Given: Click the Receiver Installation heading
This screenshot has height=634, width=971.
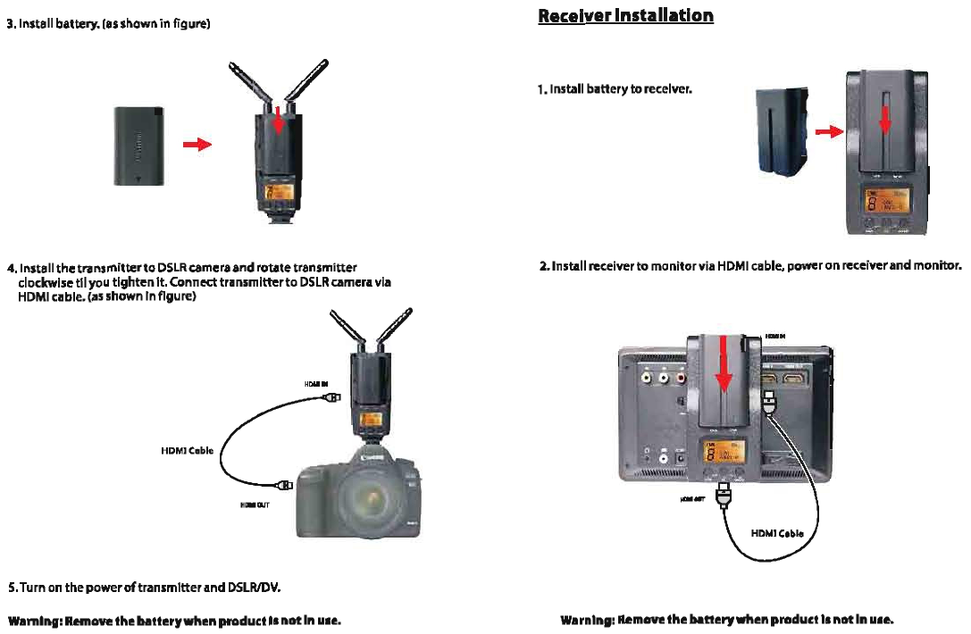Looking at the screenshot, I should pos(625,16).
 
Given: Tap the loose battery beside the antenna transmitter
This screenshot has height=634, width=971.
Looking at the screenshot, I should pos(138,146).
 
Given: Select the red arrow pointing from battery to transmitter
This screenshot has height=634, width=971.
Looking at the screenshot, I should pos(197,144).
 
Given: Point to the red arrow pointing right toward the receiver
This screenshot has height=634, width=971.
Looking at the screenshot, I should pos(830,132).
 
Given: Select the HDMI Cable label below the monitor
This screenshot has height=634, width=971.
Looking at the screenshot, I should pos(777,533).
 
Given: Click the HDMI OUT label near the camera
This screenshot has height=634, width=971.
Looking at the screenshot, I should pos(251,504).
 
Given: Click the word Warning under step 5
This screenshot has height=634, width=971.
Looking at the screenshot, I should pos(34,620).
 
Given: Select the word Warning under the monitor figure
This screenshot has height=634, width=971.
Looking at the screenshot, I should pos(586,620).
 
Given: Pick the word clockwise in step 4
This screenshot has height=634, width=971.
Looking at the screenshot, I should pos(45,282).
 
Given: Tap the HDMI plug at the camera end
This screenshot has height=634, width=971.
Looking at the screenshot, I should pos(287,486).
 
